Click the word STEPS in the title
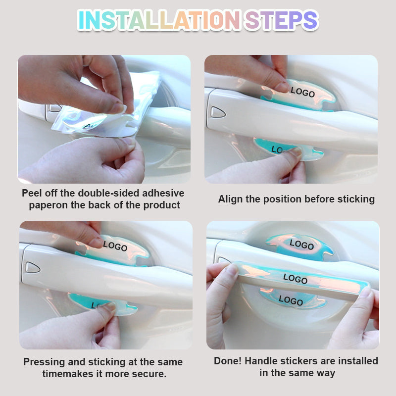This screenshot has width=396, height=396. click(281, 20)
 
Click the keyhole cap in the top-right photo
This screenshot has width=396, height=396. click(218, 112)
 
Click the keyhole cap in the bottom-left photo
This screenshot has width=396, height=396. click(33, 267)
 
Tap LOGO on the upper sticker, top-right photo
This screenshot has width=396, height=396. click(302, 92)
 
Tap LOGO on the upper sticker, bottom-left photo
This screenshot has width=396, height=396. click(115, 246)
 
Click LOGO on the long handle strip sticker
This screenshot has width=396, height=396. click(295, 278)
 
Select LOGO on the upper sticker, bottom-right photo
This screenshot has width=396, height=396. click(301, 245)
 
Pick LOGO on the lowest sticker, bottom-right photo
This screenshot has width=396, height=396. click(291, 300)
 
